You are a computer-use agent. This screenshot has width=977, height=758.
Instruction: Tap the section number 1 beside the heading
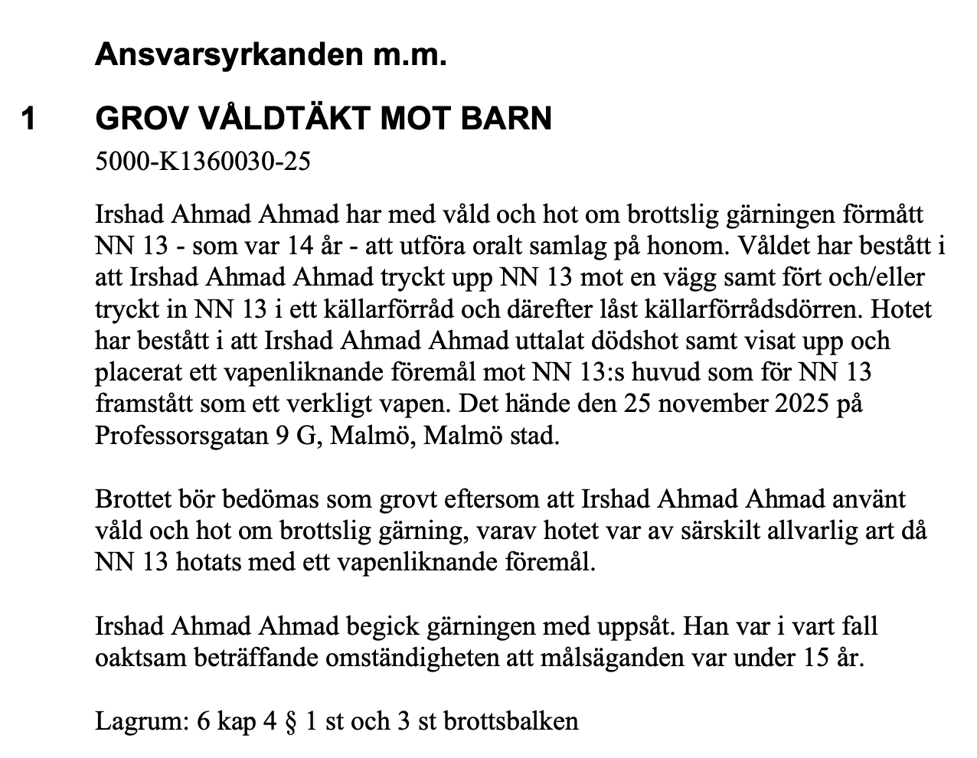click(x=28, y=119)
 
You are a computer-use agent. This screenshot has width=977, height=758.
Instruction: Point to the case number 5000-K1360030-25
click(x=202, y=162)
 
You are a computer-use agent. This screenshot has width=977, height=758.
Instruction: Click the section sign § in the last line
click(x=289, y=721)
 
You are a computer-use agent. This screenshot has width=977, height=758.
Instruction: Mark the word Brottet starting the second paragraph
click(x=132, y=499)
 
